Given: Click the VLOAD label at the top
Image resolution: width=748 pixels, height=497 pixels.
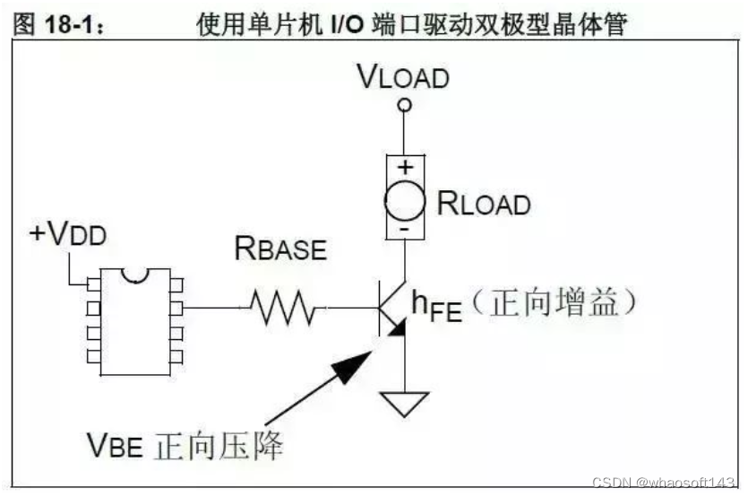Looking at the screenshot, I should click(403, 77).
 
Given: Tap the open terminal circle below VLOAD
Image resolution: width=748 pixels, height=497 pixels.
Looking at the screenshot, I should click(405, 106).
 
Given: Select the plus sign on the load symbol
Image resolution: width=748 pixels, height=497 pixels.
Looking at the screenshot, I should click(405, 165).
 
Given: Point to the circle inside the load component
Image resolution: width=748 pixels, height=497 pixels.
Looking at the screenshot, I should click(405, 198).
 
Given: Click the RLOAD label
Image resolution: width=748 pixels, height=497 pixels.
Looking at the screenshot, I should click(484, 204).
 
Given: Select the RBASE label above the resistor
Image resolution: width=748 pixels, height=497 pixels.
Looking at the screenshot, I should click(280, 248).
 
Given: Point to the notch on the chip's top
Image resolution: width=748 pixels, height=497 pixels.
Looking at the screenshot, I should click(134, 274).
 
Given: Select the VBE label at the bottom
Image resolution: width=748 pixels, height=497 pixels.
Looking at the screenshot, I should click(114, 443).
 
